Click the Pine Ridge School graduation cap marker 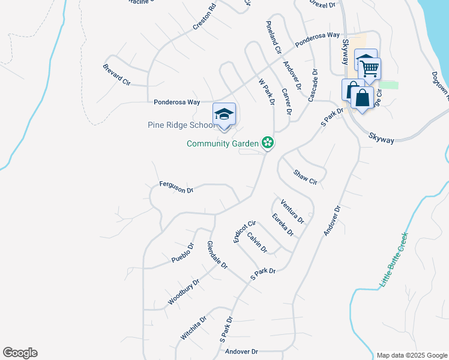click(x=224, y=115)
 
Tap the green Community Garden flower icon click(x=268, y=143)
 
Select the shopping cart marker click(x=369, y=68)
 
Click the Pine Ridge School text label click(x=181, y=125)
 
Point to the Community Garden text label click(x=222, y=143)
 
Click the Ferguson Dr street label click(x=176, y=187)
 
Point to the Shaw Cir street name click(x=304, y=177)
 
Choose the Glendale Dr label click(x=217, y=254)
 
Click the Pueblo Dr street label click(x=183, y=253)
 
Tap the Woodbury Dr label click(x=183, y=292)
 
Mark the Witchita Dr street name click(x=193, y=327)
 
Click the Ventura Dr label click(x=292, y=211)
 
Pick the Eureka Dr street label click(x=282, y=224)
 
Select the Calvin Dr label click(x=256, y=242)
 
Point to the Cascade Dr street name click(x=313, y=85)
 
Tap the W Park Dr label click(x=267, y=91)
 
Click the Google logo click(x=20, y=353)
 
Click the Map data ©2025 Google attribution click(x=411, y=355)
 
